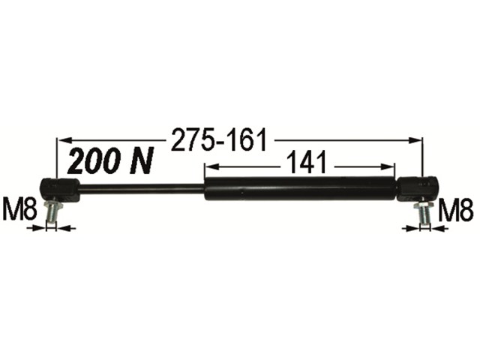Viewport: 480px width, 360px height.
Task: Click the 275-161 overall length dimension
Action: [x=218, y=140]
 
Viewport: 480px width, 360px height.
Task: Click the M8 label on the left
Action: [x=19, y=209]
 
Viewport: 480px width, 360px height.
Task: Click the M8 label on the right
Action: [x=456, y=210]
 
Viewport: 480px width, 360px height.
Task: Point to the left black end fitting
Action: [x=60, y=190]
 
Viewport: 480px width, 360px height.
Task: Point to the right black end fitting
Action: [x=418, y=189]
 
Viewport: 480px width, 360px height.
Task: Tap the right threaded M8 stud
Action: [x=424, y=212]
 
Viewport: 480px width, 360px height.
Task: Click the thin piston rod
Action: [x=142, y=188]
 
